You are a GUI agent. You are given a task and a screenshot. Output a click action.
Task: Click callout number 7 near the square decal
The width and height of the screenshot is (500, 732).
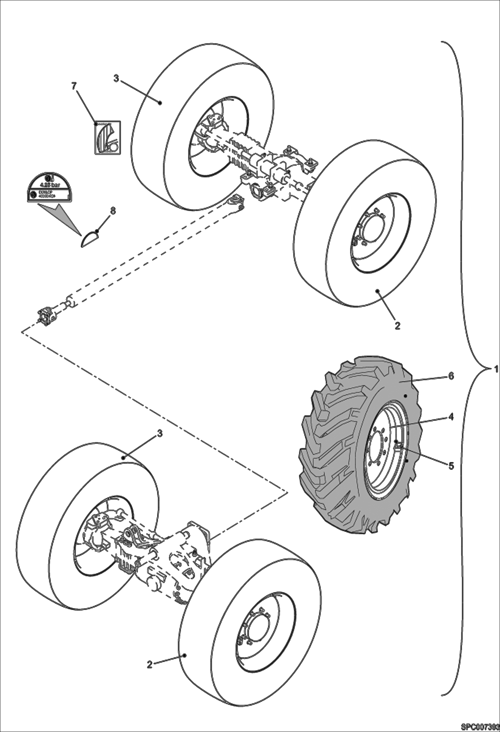tap(74, 86)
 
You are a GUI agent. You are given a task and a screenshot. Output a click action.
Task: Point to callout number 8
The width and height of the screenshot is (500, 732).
tap(113, 211)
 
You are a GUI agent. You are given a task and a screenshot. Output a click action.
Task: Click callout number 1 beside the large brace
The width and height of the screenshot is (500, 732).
tap(496, 369)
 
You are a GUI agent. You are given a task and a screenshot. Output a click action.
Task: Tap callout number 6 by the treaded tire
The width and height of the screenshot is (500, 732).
tap(451, 376)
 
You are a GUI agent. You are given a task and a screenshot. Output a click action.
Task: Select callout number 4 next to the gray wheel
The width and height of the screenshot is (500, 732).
tap(451, 417)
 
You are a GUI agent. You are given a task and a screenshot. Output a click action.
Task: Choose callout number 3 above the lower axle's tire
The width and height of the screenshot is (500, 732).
tap(160, 433)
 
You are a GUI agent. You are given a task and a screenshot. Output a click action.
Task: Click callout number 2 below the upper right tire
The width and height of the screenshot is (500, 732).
tap(397, 325)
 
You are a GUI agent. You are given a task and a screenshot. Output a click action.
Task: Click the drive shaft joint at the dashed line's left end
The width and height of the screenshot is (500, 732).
tap(47, 315)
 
